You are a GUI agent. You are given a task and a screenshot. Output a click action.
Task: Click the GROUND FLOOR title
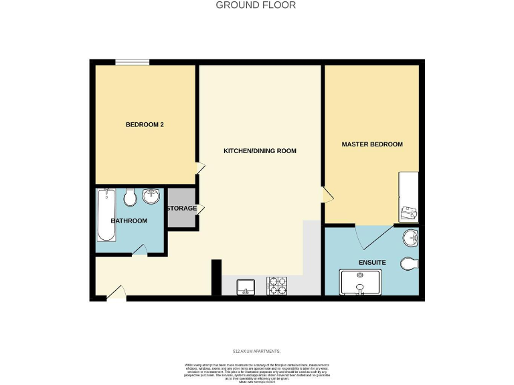coord(256,5)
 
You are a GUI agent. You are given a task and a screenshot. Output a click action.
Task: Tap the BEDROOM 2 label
coord(145,125)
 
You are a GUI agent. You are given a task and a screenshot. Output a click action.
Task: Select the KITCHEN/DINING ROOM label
coord(260,151)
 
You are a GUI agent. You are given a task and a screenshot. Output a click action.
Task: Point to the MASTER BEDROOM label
coord(372,144)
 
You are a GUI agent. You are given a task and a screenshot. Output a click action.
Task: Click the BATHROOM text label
coord(129,221)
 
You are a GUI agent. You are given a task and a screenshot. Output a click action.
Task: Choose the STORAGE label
coord(182,208)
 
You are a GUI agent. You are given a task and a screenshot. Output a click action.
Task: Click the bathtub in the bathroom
coord(106,215)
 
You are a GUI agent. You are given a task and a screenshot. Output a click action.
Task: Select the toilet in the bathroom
coord(130,197)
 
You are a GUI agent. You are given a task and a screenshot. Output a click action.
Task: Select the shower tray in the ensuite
coord(361,282)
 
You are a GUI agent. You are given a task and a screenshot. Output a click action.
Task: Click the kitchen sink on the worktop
coord(246,287)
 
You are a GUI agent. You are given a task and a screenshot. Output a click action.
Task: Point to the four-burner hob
coord(277,287)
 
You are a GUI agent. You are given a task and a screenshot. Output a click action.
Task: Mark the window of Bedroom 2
coord(132,63)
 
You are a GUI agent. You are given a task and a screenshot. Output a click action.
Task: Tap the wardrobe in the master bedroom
coord(409,197)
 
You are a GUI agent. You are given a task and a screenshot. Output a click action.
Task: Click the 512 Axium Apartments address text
coord(256,351)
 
